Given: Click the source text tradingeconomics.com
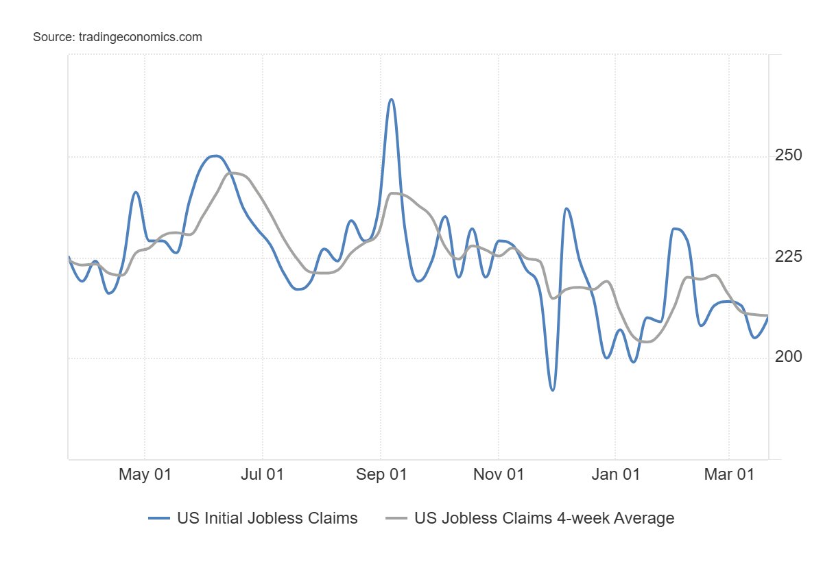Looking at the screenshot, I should click(117, 37).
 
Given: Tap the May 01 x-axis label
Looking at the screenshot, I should click(145, 475).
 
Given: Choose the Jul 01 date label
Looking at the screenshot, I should click(263, 475).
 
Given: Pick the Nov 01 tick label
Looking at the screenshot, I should click(498, 475).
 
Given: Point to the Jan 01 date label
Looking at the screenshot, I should click(615, 475).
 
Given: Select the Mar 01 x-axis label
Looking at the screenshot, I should click(728, 475).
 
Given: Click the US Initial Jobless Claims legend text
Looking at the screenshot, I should click(267, 518).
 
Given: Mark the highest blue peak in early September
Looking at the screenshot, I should click(391, 99).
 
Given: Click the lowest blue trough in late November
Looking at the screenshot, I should click(553, 390).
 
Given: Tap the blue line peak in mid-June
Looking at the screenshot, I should click(216, 156).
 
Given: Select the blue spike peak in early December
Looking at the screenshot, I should click(566, 208).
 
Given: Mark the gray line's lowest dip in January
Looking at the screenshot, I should click(646, 341).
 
